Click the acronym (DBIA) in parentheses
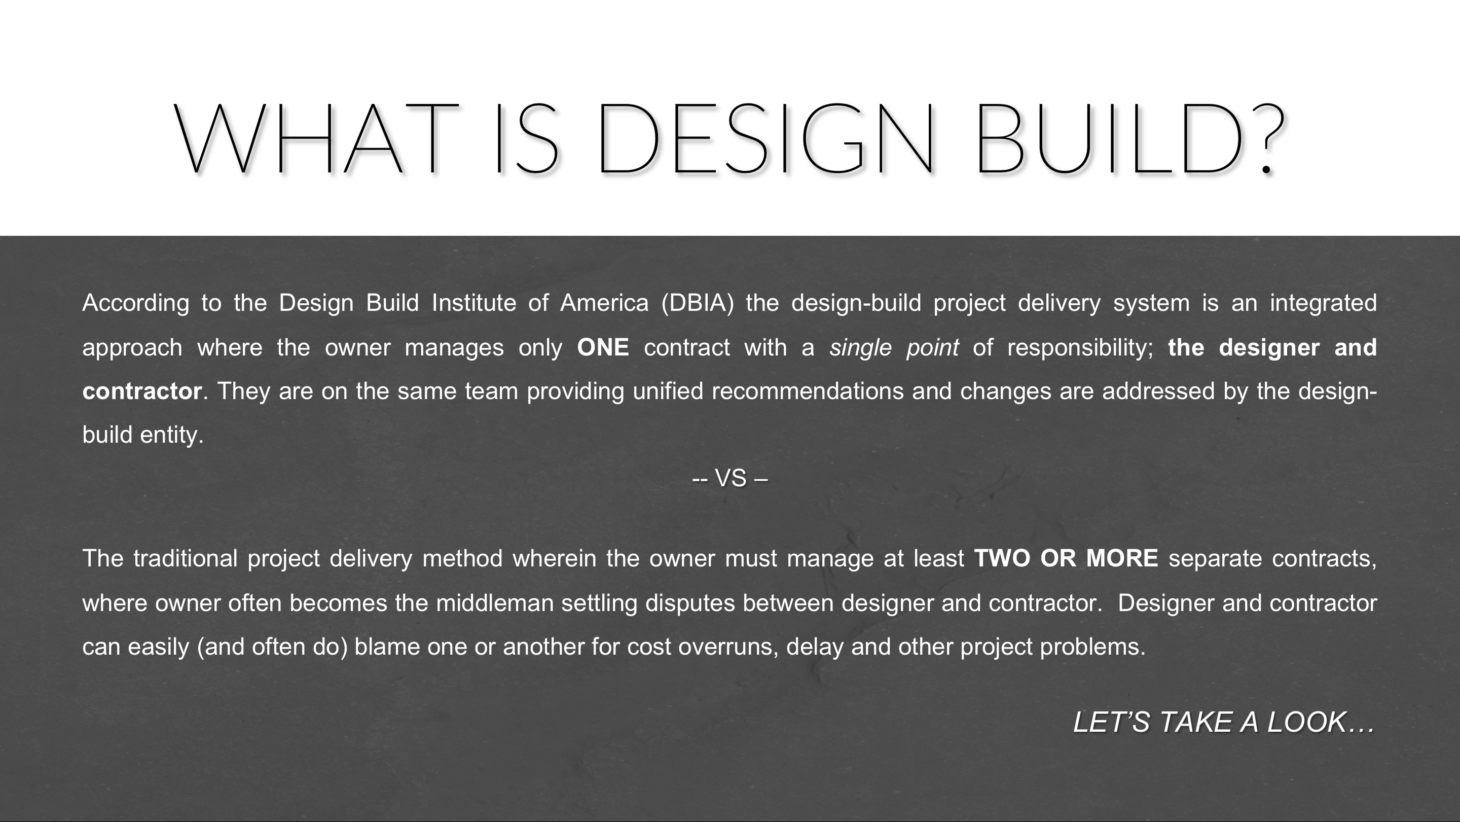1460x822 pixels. tap(697, 303)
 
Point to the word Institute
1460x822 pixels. tap(474, 303)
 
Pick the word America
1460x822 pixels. tap(604, 303)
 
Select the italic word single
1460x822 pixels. tap(860, 347)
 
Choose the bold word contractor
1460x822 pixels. tap(142, 391)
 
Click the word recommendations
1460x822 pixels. tap(808, 391)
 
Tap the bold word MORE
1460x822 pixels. tap(1122, 558)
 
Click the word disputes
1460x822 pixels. tap(690, 603)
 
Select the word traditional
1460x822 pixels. tap(186, 558)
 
